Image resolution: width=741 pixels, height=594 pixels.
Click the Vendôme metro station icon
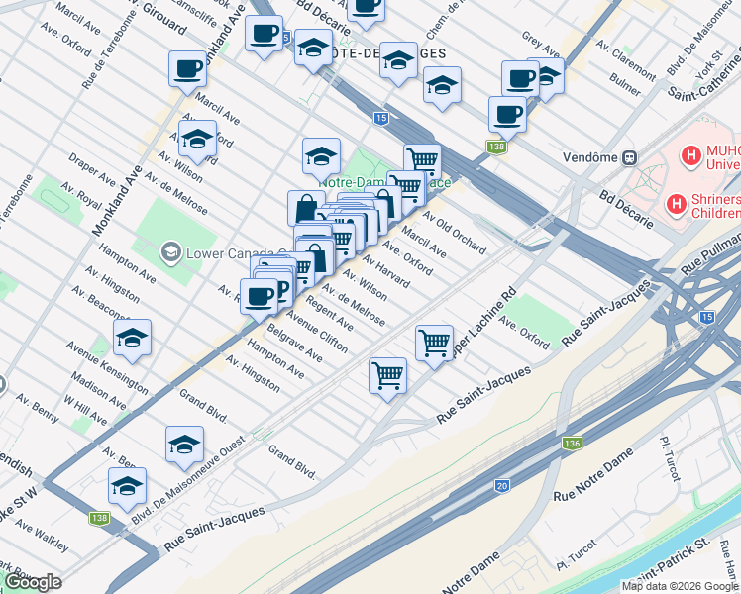click(x=628, y=157)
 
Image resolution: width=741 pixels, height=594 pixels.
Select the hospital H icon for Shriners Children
click(x=678, y=204)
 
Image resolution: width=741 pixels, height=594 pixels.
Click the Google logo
click(x=33, y=582)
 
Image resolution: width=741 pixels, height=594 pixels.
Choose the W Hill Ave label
click(x=84, y=412)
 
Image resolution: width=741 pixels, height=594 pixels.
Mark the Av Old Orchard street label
click(x=455, y=231)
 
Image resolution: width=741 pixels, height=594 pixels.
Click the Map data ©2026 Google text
click(x=680, y=586)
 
